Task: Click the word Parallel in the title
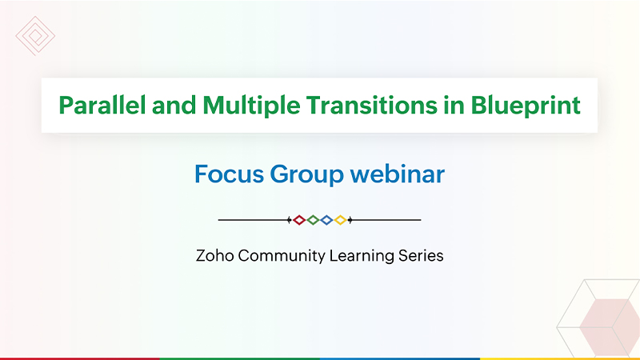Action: pyautogui.click(x=102, y=106)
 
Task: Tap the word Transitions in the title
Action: pyautogui.click(x=371, y=106)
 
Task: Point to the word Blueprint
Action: pyautogui.click(x=526, y=106)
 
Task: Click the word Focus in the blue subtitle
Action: pyautogui.click(x=229, y=174)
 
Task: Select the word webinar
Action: pyautogui.click(x=397, y=174)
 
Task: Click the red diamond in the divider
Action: pyautogui.click(x=299, y=220)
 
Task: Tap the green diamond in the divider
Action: pyautogui.click(x=313, y=220)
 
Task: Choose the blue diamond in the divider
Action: pyautogui.click(x=326, y=220)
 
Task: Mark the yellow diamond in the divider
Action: pyautogui.click(x=340, y=220)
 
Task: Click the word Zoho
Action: pyautogui.click(x=214, y=256)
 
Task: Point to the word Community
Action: pyautogui.click(x=282, y=257)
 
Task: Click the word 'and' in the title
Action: pyautogui.click(x=174, y=106)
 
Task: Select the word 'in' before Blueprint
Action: pyautogui.click(x=454, y=106)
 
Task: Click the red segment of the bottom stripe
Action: pyautogui.click(x=80, y=358)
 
